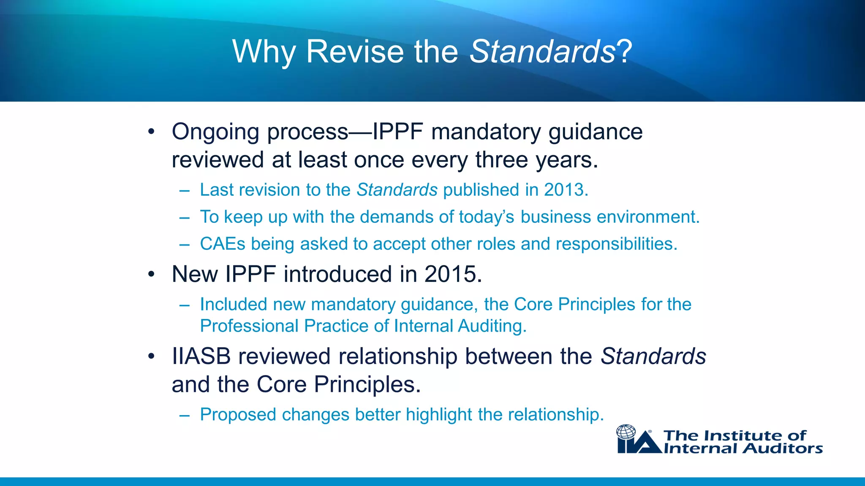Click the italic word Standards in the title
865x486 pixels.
542,51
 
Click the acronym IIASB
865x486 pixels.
201,356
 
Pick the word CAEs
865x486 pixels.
222,244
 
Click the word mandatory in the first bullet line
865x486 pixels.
486,132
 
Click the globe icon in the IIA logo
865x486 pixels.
626,432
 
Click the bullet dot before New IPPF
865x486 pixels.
151,275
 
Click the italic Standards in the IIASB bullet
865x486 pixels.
653,356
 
